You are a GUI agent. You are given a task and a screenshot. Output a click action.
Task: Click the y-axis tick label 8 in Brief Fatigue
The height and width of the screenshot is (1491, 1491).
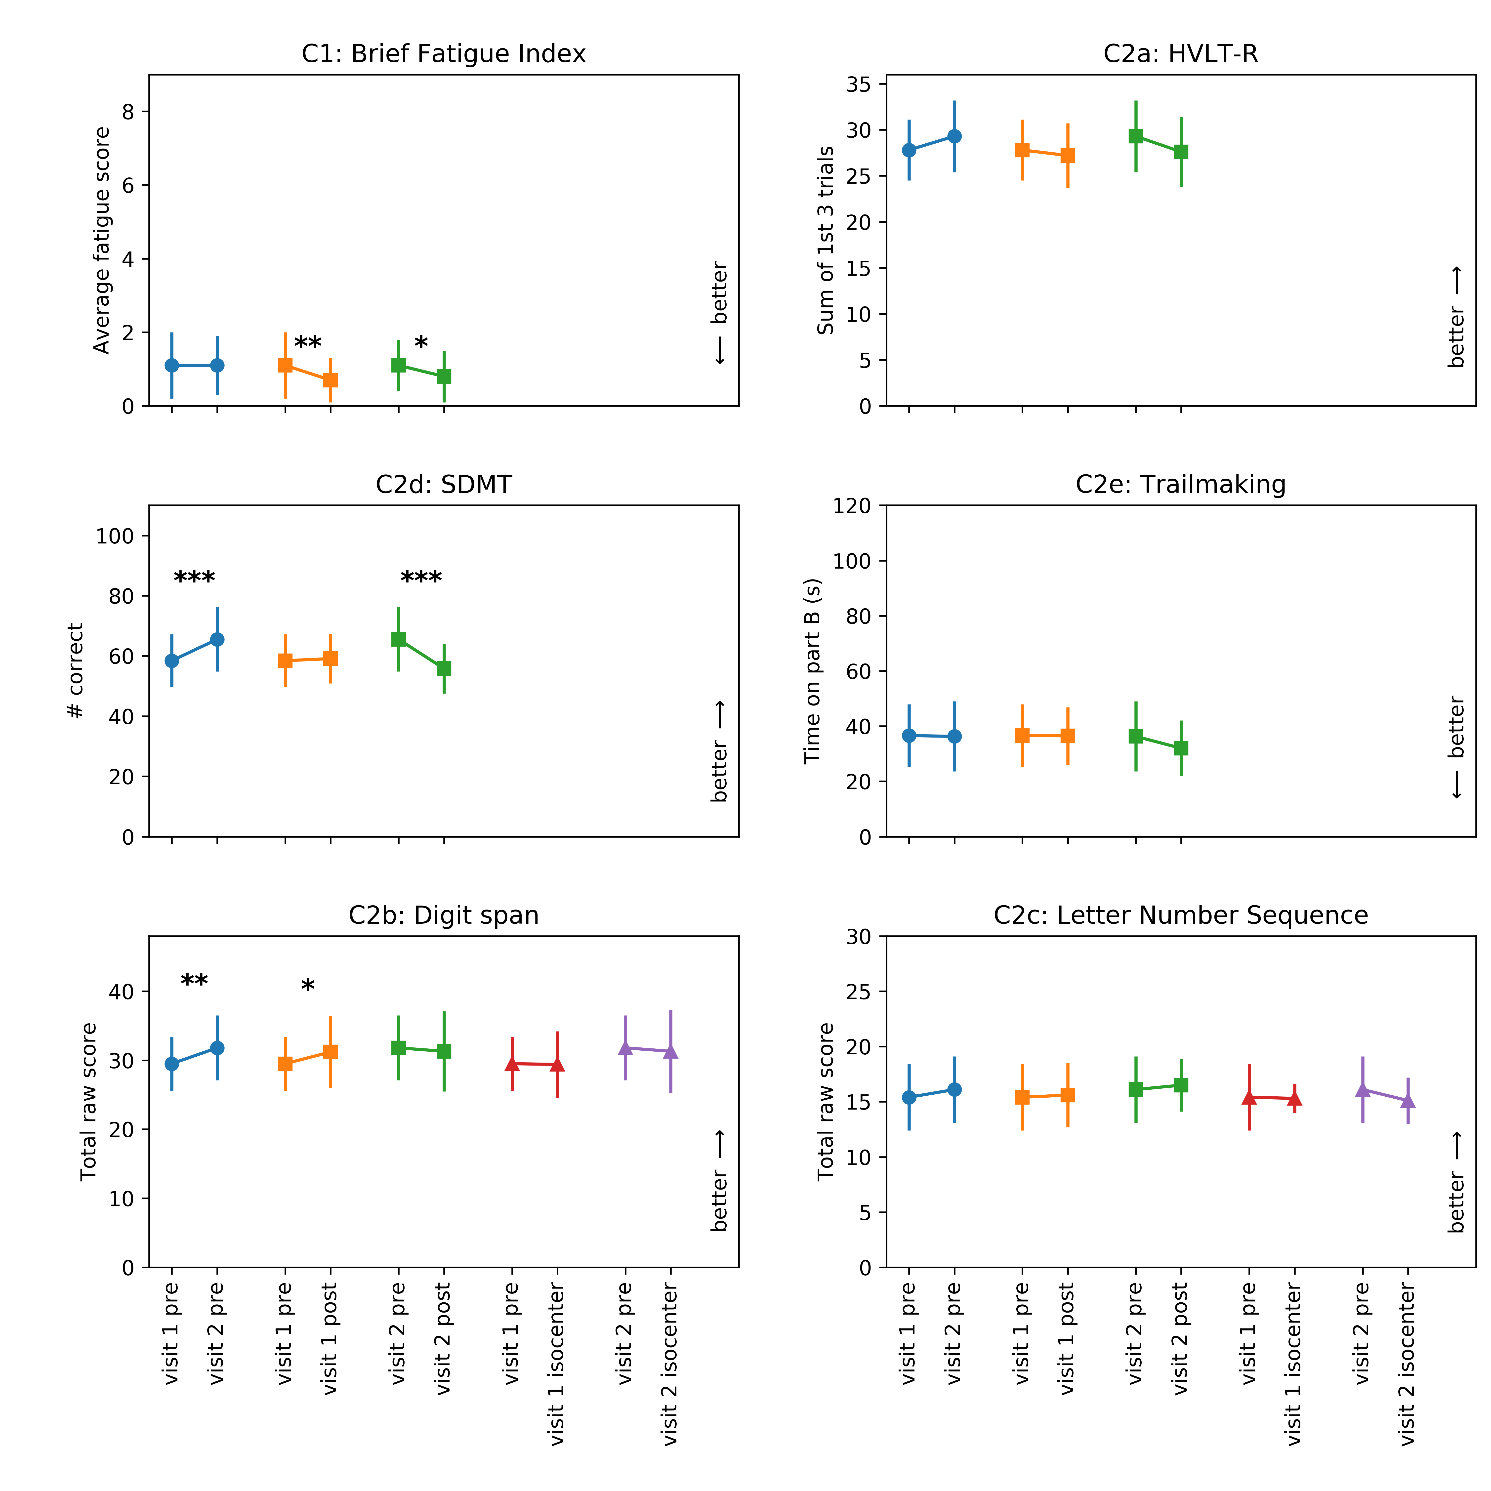click(x=128, y=112)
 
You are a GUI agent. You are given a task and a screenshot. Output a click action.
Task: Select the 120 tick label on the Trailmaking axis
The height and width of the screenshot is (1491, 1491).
click(x=852, y=506)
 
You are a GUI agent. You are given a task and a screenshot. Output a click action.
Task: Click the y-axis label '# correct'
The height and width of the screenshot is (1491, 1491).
click(x=76, y=671)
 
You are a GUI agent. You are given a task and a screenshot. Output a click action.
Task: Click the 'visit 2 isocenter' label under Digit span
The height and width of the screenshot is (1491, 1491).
click(x=670, y=1365)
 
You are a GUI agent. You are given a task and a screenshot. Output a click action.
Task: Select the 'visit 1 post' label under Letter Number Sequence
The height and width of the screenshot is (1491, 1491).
click(x=1067, y=1339)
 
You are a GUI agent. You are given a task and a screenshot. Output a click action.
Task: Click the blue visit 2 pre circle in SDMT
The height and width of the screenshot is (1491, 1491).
click(x=217, y=640)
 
